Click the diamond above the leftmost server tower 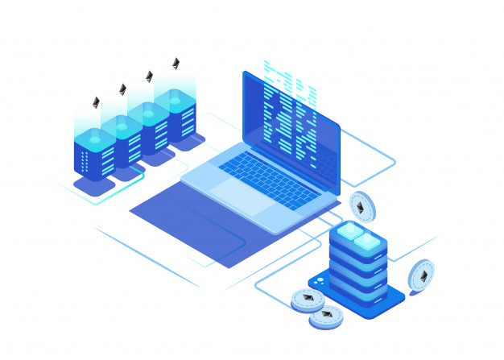(x=96, y=102)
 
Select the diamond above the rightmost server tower (x=176, y=63)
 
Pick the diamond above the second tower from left (x=122, y=89)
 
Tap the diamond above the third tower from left (x=149, y=77)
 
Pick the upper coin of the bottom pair (x=307, y=300)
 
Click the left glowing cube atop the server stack (x=349, y=232)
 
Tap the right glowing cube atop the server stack (x=369, y=242)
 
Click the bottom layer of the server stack (x=357, y=292)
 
